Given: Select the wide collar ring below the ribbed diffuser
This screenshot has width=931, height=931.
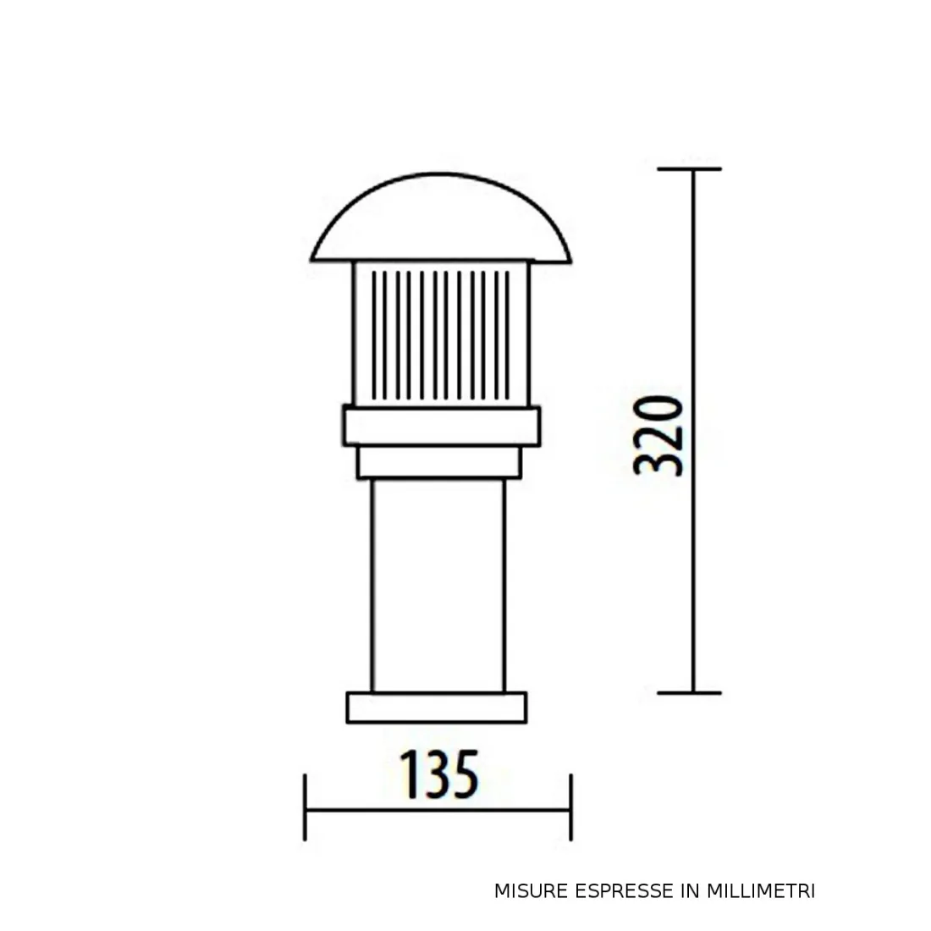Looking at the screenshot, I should point(441,426).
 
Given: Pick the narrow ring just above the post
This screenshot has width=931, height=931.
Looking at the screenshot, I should point(440,463).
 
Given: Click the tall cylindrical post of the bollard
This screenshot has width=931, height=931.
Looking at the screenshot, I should point(438,584).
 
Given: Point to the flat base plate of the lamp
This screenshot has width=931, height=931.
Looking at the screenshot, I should point(437,708).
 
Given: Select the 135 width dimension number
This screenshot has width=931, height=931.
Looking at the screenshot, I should point(438,773).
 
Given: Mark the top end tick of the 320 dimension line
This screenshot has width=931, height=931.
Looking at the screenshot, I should point(691,169).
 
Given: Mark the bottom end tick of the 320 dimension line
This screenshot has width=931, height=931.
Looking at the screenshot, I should point(691,692).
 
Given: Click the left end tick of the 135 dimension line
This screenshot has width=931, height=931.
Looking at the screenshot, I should point(305,808).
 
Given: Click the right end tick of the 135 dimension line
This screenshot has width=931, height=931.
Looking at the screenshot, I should point(571,808).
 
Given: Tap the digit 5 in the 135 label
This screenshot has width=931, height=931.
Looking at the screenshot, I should point(465,774).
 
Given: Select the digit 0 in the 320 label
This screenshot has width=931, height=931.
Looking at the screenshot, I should point(659,410).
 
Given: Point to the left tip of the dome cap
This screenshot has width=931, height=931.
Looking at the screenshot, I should point(311,258).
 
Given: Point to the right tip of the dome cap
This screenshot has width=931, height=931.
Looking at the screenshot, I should point(572,258).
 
